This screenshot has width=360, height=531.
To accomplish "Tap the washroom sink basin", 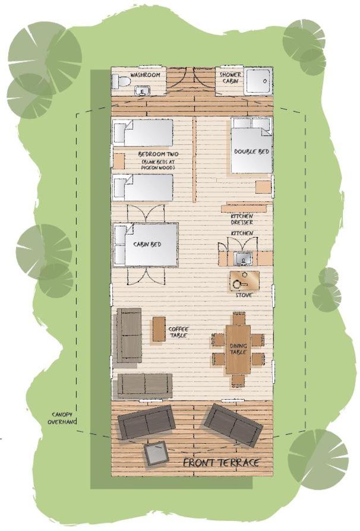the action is (143, 91).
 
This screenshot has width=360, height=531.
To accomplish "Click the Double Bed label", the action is (252, 151).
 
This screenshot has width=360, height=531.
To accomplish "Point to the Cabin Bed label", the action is (147, 244).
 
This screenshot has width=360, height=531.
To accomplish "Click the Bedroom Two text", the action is (158, 154).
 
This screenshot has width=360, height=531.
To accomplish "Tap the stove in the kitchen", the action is (245, 281).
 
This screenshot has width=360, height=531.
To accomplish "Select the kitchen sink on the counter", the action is (242, 258).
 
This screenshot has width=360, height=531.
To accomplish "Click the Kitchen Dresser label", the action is (242, 219).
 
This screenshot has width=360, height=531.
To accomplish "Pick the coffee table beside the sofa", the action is (159, 329).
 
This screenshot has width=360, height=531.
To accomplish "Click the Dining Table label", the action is (238, 349).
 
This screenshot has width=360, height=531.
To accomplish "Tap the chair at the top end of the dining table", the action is (239, 318).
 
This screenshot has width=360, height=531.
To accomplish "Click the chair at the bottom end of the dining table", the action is (238, 380).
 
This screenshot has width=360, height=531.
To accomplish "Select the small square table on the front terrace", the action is (156, 454).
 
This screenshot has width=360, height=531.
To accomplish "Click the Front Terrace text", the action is (222, 463).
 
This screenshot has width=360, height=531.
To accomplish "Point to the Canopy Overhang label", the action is (62, 418).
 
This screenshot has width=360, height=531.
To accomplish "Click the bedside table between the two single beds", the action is (119, 161).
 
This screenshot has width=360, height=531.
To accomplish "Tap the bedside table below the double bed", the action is (263, 187).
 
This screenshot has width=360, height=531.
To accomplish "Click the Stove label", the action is (244, 295).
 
